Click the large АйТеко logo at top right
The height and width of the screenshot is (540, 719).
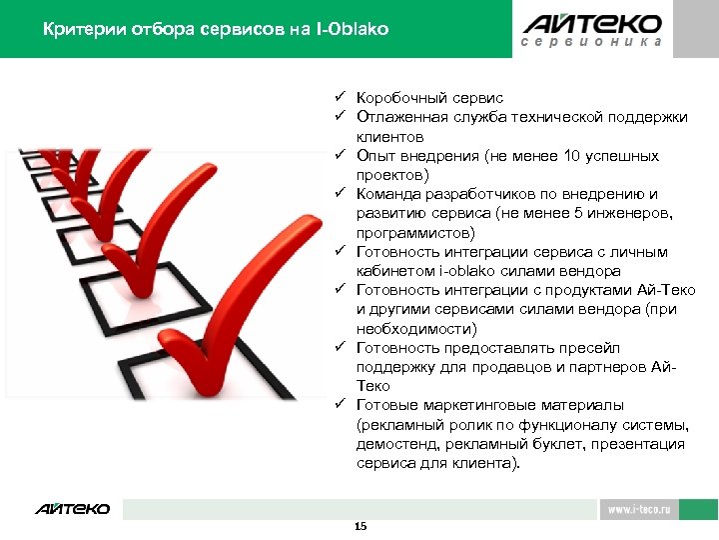(592, 23)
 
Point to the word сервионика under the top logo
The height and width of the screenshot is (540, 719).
(592, 44)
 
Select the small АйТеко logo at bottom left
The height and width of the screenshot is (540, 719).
(72, 509)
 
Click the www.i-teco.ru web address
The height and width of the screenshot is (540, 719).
(639, 509)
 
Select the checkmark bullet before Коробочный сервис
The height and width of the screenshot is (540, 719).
(340, 98)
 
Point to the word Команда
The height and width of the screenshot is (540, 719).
(387, 194)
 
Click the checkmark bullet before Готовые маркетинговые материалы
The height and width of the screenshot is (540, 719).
(340, 405)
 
